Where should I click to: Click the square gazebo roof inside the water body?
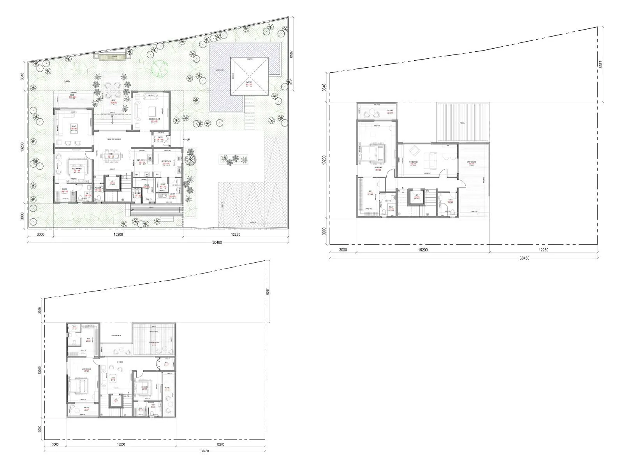pyautogui.click(x=249, y=77)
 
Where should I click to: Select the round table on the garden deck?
pyautogui.click(x=111, y=89)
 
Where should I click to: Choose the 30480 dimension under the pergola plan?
pyautogui.click(x=524, y=258)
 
